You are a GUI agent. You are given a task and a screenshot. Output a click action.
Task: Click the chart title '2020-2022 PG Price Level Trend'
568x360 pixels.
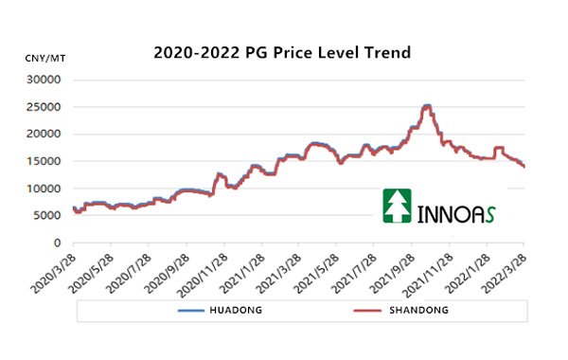(x=282, y=53)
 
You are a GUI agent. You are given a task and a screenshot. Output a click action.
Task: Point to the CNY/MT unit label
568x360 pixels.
(x=44, y=58)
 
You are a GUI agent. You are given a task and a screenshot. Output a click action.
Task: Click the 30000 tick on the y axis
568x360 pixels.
(x=44, y=80)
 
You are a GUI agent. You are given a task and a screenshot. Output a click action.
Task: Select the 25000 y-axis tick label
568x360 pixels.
(x=44, y=107)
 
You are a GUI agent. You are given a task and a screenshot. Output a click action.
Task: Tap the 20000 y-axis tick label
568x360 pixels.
(x=44, y=134)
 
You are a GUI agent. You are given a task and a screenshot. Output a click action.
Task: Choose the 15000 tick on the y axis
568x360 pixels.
(x=44, y=161)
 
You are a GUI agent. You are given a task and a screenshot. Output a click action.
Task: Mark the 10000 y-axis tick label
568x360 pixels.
(x=44, y=189)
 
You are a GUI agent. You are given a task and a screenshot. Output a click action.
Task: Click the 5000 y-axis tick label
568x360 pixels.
(x=47, y=216)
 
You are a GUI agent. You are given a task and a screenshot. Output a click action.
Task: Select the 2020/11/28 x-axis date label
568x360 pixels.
(x=206, y=271)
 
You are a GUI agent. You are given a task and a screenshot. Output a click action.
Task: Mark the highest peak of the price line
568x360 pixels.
(x=427, y=105)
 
